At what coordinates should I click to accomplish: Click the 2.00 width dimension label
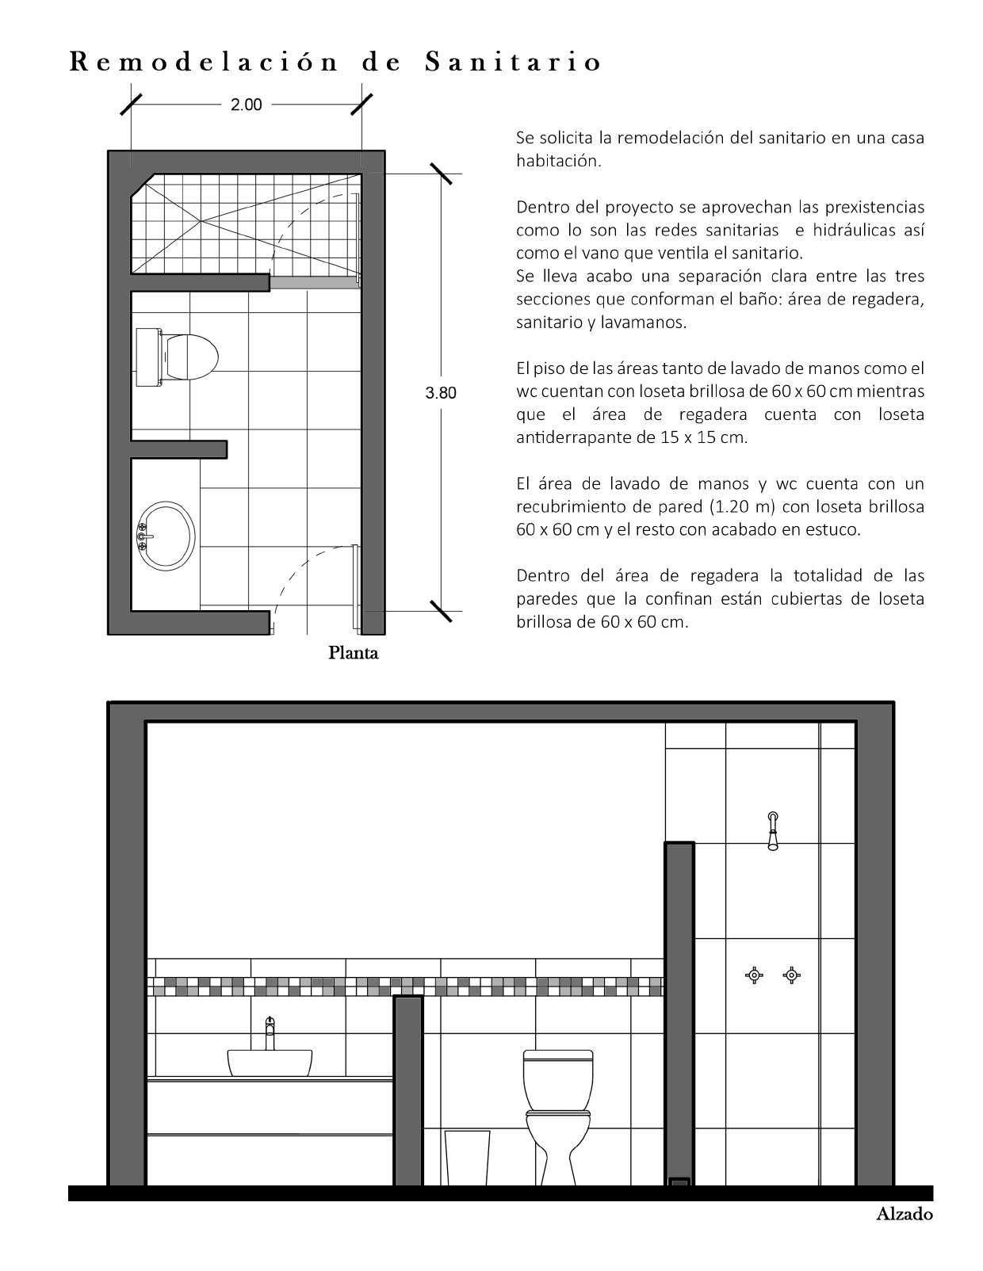click(x=246, y=105)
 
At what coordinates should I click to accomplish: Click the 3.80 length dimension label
click(x=441, y=392)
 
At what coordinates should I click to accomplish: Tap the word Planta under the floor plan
click(x=354, y=653)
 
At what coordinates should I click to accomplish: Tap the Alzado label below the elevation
click(x=904, y=1214)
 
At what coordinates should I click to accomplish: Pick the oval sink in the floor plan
click(x=166, y=534)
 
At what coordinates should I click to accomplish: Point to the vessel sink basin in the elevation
click(x=270, y=1063)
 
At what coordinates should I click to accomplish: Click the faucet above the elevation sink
click(x=270, y=1032)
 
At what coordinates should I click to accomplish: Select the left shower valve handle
click(x=755, y=975)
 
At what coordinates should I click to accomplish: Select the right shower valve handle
click(x=791, y=975)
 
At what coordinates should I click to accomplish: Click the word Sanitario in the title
click(x=513, y=62)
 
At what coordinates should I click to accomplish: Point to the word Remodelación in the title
click(x=205, y=62)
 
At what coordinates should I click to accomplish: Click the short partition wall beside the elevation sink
click(x=408, y=1090)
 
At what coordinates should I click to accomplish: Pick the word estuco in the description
click(x=832, y=529)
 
